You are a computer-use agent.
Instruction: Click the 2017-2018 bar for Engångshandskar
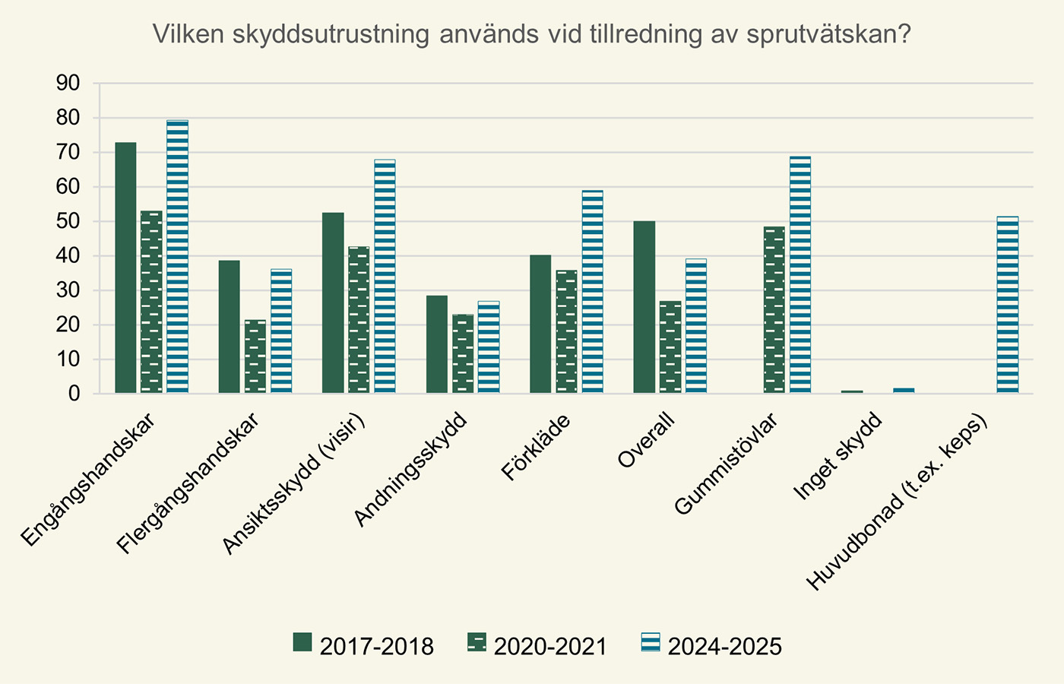click(x=125, y=268)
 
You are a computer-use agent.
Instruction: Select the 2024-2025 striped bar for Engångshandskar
click(x=177, y=257)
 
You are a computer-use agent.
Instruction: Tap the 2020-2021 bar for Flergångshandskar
click(x=255, y=356)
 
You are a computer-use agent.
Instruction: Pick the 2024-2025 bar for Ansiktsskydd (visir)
click(x=385, y=277)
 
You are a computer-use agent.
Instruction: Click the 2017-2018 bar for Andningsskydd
click(x=437, y=344)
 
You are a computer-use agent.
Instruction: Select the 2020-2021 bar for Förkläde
click(x=566, y=331)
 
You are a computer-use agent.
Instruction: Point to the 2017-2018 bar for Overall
click(x=644, y=307)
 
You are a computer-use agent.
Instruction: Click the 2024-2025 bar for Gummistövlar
click(x=800, y=275)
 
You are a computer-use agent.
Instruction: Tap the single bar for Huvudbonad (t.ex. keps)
click(x=1008, y=305)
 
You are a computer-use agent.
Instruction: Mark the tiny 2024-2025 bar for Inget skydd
click(x=904, y=391)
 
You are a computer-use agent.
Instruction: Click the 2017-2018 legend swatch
click(x=302, y=643)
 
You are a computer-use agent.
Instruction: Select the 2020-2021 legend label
click(x=550, y=647)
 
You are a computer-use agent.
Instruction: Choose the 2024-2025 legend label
click(x=724, y=647)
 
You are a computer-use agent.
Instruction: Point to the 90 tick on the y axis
click(x=68, y=83)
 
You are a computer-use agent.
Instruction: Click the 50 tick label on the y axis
click(x=68, y=221)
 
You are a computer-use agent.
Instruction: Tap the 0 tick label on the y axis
click(x=74, y=394)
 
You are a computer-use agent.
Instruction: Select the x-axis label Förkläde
click(x=536, y=448)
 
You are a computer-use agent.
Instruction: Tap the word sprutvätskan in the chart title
click(x=828, y=35)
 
